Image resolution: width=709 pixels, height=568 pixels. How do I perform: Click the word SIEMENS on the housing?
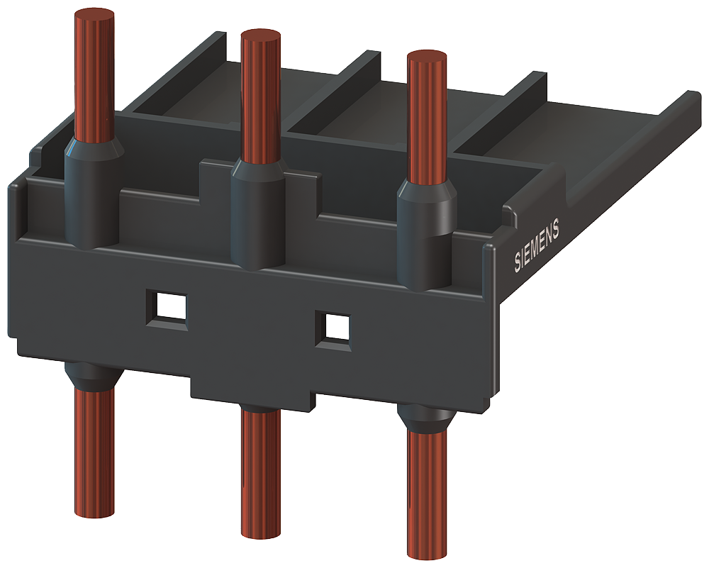(x=537, y=245)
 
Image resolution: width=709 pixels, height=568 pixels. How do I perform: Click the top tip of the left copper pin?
(x=94, y=16)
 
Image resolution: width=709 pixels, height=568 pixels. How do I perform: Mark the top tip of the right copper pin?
(x=428, y=57)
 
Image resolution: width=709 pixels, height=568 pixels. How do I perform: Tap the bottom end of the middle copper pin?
(x=260, y=531)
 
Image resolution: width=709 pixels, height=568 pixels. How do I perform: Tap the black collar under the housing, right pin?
(x=426, y=418)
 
